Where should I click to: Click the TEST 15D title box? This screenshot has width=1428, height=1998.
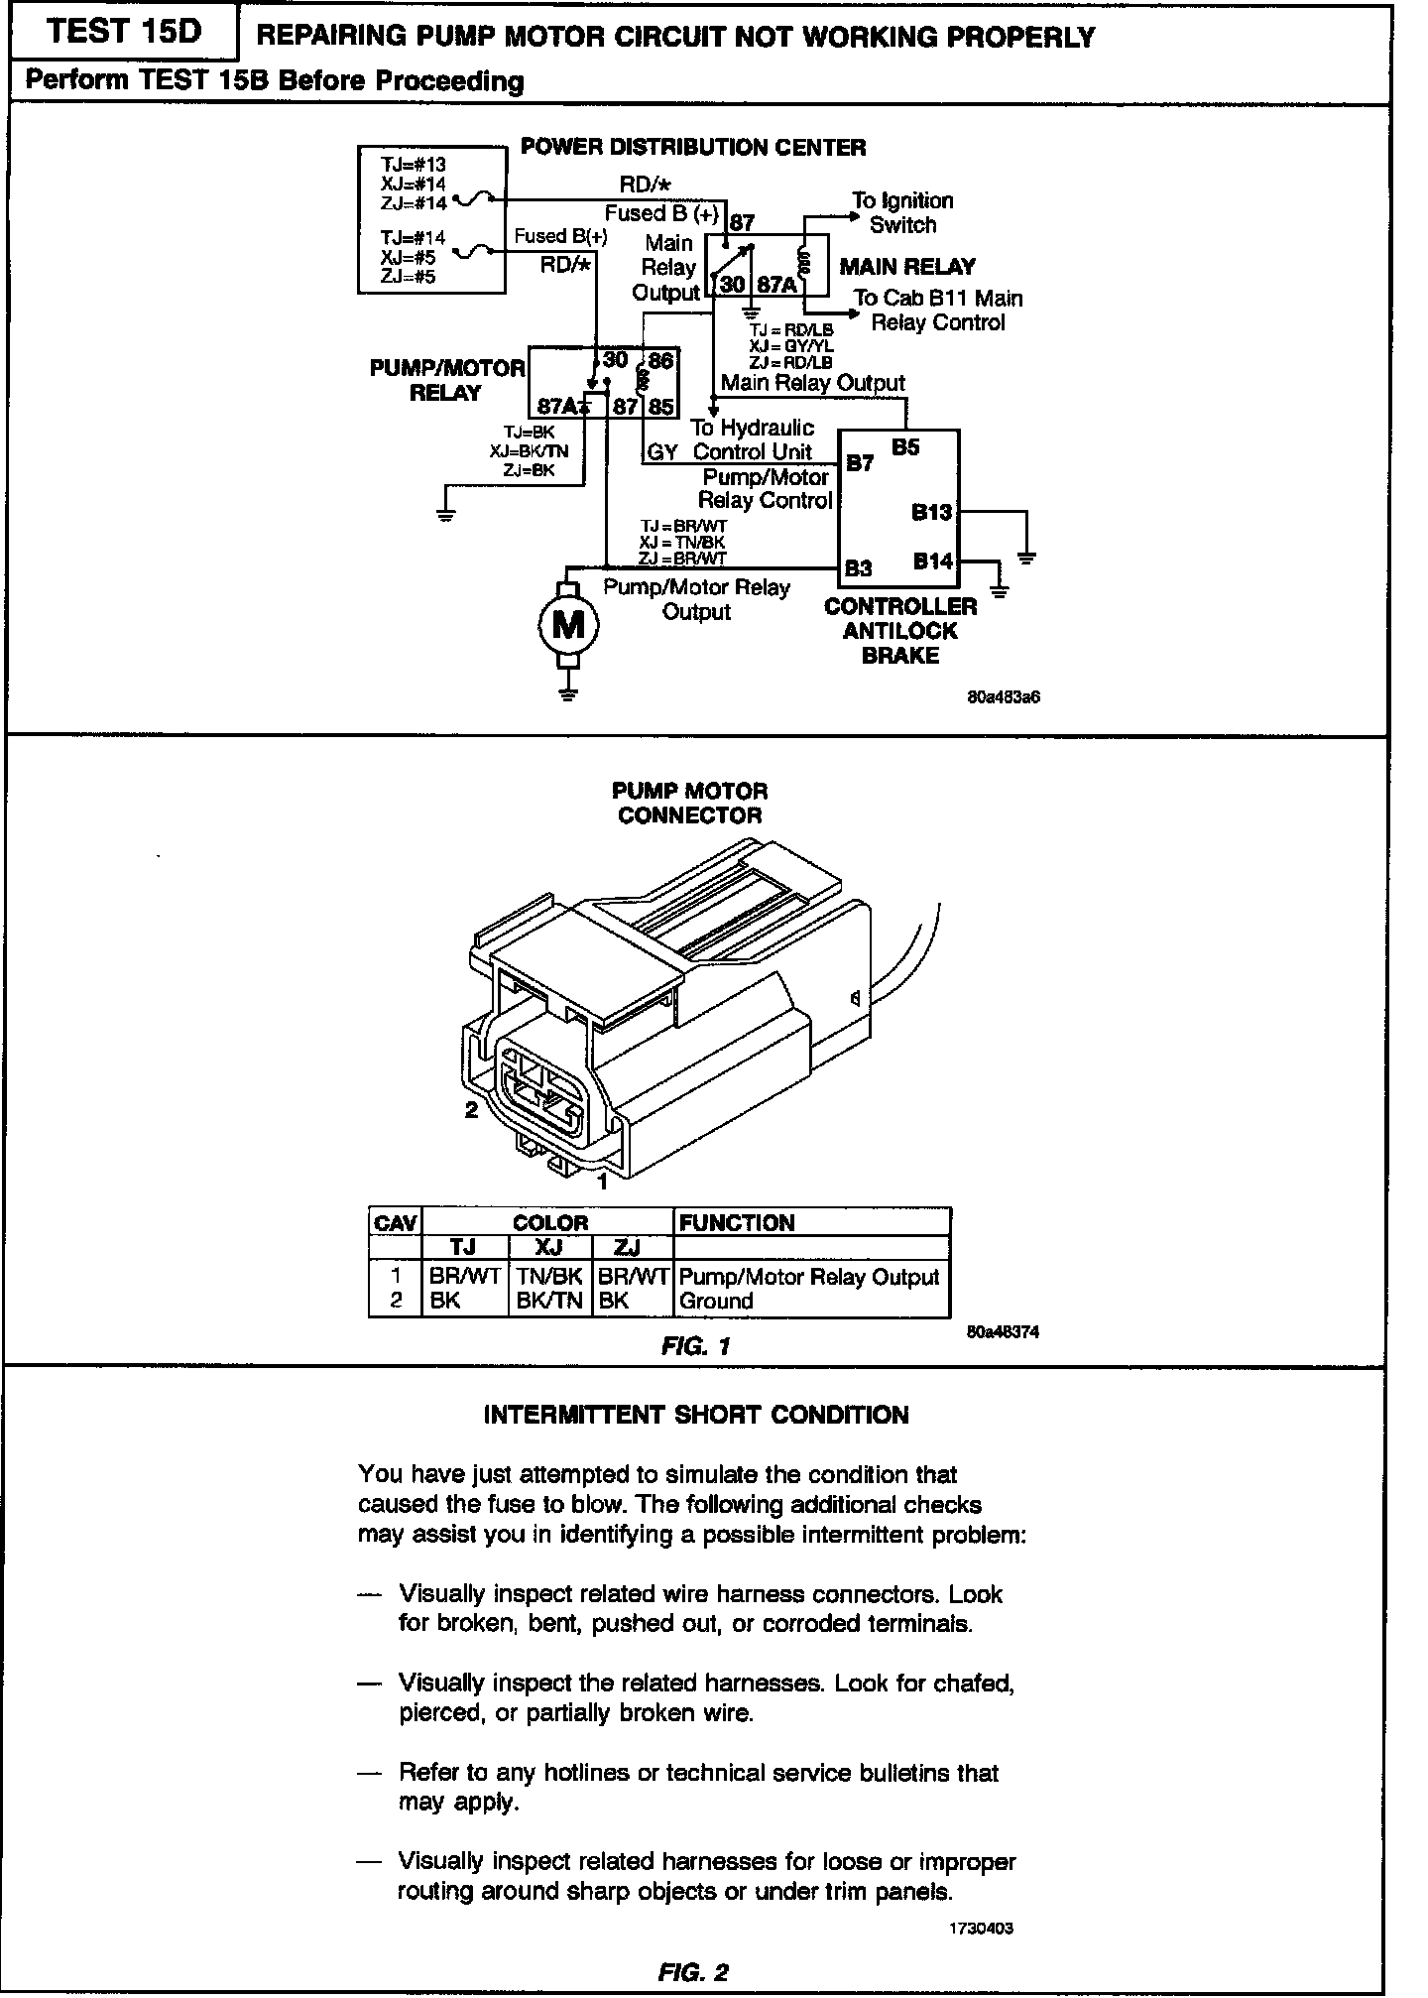pos(123,33)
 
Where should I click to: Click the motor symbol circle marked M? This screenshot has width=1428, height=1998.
pos(567,624)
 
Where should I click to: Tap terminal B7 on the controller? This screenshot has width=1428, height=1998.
pos(859,463)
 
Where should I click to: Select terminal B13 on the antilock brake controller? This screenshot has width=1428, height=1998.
pos(931,512)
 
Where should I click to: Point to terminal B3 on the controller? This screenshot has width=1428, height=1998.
pos(858,568)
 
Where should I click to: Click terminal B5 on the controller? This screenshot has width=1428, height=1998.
pos(904,447)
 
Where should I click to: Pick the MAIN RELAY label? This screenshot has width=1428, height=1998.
pos(906,266)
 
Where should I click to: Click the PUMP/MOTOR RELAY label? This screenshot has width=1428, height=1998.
pos(446,380)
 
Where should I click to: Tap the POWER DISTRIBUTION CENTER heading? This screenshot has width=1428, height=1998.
pos(693,148)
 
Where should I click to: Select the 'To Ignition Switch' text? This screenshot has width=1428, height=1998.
pos(901,212)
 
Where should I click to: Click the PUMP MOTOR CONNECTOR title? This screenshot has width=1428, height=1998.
pos(689,803)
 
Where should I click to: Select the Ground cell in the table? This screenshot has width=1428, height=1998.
pos(716,1301)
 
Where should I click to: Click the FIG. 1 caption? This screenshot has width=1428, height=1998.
pos(695,1346)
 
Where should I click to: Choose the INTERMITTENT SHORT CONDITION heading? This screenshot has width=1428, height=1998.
pos(695,1415)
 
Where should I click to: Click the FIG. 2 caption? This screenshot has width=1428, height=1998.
pos(692,1972)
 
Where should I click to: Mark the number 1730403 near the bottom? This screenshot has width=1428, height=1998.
pos(981,1929)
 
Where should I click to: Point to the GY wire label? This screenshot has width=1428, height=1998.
pos(661,452)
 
